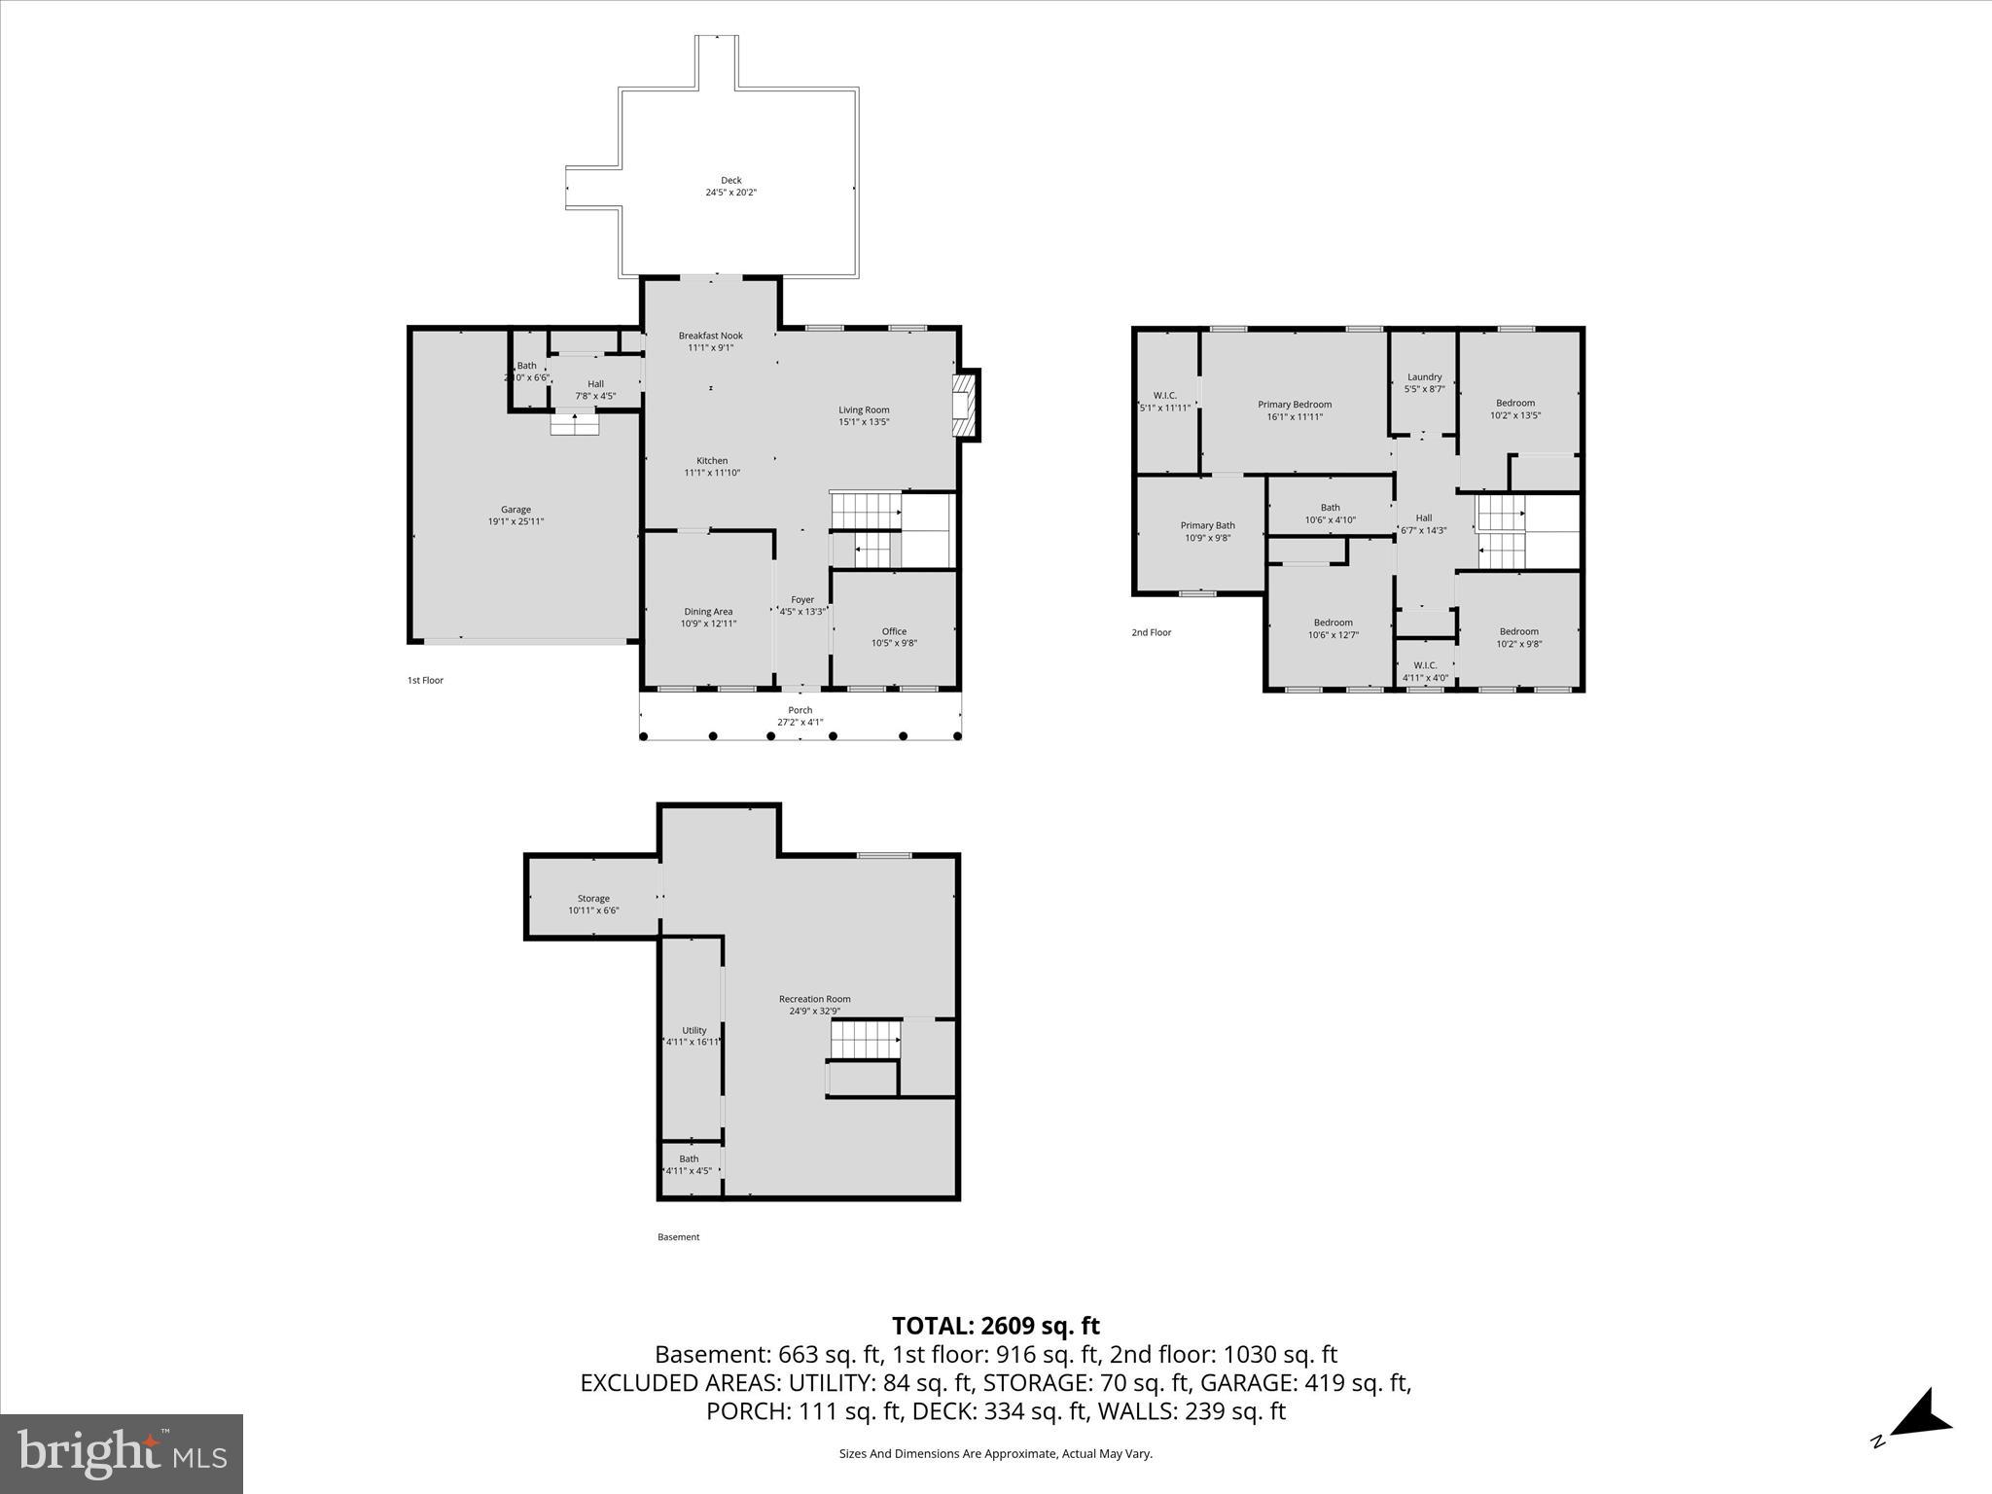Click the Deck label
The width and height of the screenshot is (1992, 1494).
point(730,180)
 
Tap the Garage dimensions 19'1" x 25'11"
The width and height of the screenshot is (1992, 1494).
point(516,522)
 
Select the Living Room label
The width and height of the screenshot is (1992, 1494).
point(864,409)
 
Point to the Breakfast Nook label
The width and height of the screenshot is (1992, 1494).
point(710,336)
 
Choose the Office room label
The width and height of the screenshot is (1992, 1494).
point(894,631)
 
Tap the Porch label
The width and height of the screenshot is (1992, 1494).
point(800,710)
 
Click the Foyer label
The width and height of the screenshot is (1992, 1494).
point(801,600)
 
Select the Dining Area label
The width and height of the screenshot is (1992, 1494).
point(708,612)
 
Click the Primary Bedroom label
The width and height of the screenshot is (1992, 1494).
point(1294,405)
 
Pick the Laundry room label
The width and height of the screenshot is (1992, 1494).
point(1424,377)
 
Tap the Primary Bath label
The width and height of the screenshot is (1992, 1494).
point(1207,525)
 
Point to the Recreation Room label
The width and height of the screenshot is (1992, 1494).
point(814,999)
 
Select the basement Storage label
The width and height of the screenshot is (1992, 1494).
point(593,899)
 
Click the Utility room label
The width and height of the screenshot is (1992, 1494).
point(694,1030)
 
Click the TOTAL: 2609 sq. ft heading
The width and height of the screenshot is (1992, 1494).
point(995,1326)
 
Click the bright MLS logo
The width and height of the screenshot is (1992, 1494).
point(122,1453)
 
